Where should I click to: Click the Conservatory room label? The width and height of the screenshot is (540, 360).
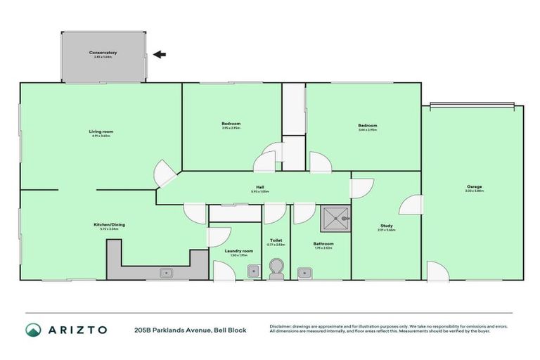(103, 53)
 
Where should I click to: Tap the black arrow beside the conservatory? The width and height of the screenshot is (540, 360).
(160, 54)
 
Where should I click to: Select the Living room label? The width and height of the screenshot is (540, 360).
(101, 131)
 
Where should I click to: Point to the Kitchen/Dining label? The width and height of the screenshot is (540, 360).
(110, 225)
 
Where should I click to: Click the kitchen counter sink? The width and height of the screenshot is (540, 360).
(167, 271)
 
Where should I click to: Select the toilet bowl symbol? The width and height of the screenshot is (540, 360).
(277, 267)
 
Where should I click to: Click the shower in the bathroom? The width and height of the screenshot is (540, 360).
(335, 219)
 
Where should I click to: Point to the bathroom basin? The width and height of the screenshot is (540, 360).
(304, 271)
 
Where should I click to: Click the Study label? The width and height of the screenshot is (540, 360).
(386, 226)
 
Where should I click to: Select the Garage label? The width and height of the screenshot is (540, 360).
(473, 187)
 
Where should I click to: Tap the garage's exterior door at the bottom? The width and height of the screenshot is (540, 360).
(436, 271)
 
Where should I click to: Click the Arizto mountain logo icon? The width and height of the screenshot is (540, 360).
(33, 329)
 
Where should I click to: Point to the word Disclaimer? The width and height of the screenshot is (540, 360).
(281, 326)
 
